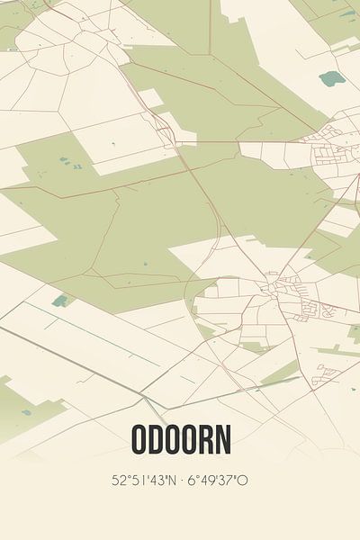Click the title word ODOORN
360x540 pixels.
pos(180,439)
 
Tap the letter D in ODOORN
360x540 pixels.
pos(157,439)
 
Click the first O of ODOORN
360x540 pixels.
pos(139,439)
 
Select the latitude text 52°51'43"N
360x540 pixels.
pos(147,480)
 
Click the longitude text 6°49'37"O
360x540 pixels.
pos(217,480)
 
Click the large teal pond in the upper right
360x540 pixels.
pos(332,78)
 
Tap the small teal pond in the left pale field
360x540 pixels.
pos(59,301)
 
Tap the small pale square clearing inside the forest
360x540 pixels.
pos(149,97)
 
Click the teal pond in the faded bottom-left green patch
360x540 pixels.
pos(26,413)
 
